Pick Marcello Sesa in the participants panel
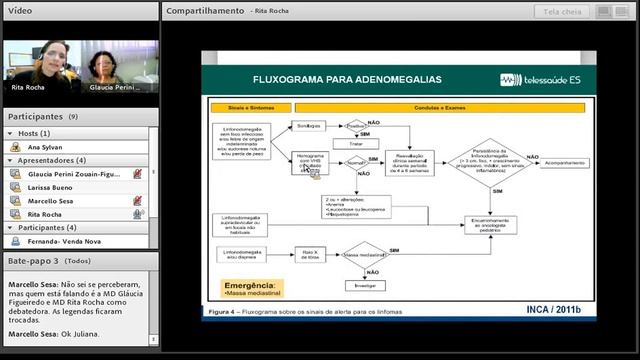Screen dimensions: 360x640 pos(55,200)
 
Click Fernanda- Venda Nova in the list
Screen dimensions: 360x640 pos(65,241)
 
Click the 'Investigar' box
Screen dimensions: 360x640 pos(364,284)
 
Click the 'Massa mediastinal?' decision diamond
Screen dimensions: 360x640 pos(364,256)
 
